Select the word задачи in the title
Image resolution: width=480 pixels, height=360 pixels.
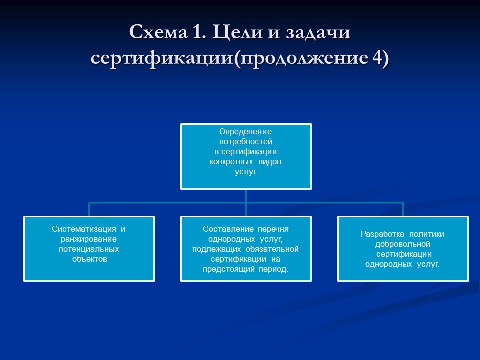coord(318,33)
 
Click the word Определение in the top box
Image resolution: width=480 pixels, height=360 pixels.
coord(246,132)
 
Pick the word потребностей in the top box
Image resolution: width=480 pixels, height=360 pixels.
coord(246,142)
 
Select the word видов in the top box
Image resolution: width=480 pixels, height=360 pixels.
coord(270,162)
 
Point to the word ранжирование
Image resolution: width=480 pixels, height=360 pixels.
coord(89,239)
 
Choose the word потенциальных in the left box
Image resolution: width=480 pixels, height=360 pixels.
coord(89,249)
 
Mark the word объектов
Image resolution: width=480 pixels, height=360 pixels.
coord(89,259)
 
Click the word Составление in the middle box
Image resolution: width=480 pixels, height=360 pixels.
coord(228,229)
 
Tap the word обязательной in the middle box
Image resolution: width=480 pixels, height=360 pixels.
coord(272,249)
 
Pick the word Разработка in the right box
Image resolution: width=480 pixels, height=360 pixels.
coord(382,234)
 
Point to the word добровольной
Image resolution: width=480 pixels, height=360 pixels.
coord(403,244)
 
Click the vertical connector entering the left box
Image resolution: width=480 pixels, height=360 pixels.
coord(89,209)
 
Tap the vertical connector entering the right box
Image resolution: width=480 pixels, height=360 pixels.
coord(403,209)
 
